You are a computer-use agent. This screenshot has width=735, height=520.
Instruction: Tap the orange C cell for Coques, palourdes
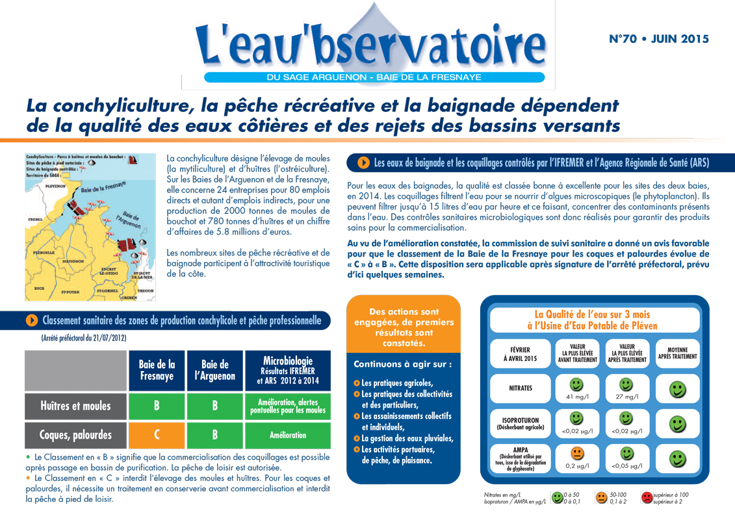[x=157, y=435]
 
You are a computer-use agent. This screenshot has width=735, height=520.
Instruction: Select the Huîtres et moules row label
[x=75, y=406]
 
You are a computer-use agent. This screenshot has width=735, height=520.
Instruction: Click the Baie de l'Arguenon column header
[x=215, y=370]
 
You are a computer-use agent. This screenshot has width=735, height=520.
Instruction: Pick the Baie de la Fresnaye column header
[x=157, y=370]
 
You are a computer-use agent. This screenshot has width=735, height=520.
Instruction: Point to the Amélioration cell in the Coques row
[x=287, y=435]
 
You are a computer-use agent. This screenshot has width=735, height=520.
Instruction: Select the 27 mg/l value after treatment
[x=626, y=396]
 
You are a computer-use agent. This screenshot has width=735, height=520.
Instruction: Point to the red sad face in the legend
[x=647, y=498]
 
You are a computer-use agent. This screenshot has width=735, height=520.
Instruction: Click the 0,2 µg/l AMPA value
[x=576, y=466]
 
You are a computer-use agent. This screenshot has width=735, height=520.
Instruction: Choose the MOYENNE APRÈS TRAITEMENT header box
[x=677, y=352]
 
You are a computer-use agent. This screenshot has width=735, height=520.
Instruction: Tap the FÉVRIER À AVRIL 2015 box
[x=521, y=354]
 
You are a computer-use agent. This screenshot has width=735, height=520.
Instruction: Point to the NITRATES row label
[x=521, y=388]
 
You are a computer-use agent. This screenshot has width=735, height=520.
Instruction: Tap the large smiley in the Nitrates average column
[x=677, y=389]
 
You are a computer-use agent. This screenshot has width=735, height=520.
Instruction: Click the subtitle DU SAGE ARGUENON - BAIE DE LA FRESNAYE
[x=374, y=77]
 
